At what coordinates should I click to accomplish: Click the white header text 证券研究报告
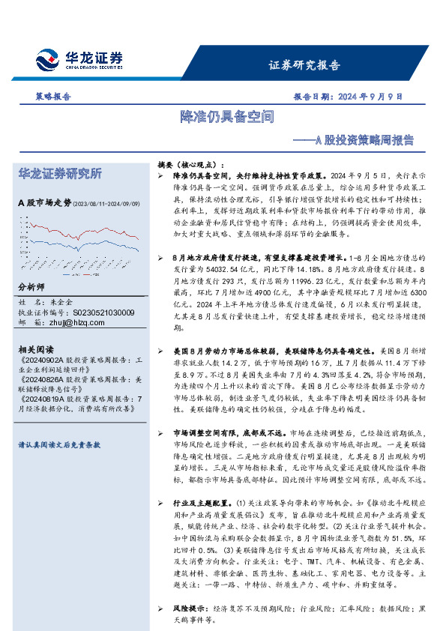304,64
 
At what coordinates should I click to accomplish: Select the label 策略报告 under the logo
53,97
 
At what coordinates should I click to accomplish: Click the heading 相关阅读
34,350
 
